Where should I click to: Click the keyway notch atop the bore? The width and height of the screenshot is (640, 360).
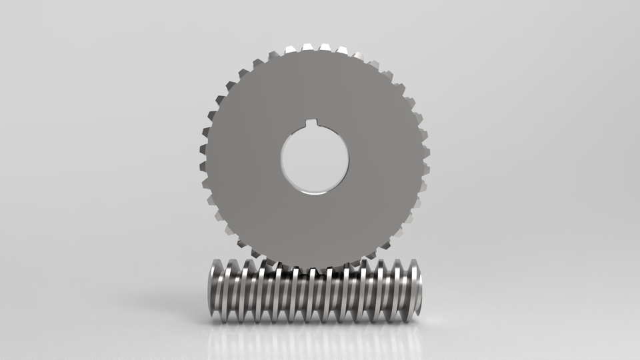314,123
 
